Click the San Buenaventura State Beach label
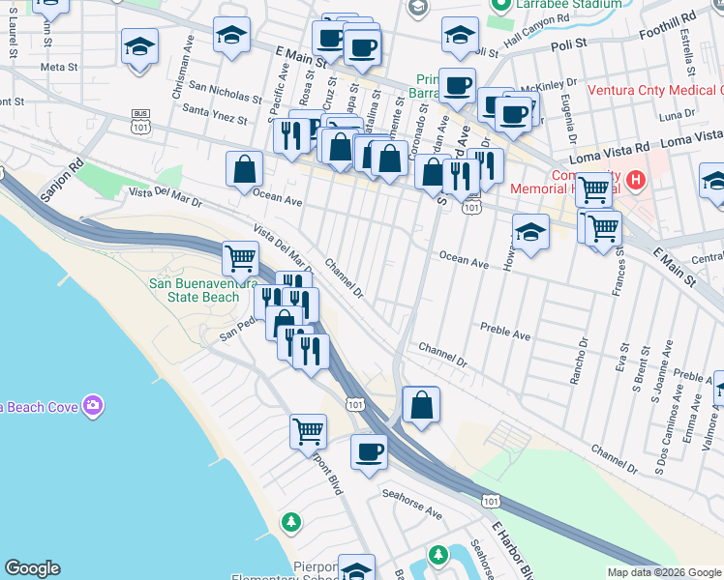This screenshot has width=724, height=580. [194, 290]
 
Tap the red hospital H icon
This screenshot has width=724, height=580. [635, 179]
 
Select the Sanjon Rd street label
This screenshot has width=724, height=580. [58, 180]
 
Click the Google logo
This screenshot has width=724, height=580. [32, 568]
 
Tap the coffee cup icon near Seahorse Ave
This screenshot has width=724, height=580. [368, 451]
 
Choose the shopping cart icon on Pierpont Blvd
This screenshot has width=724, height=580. [308, 431]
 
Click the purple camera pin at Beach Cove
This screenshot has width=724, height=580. [93, 405]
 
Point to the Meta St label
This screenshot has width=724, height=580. [58, 67]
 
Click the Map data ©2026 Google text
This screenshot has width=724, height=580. [664, 572]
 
